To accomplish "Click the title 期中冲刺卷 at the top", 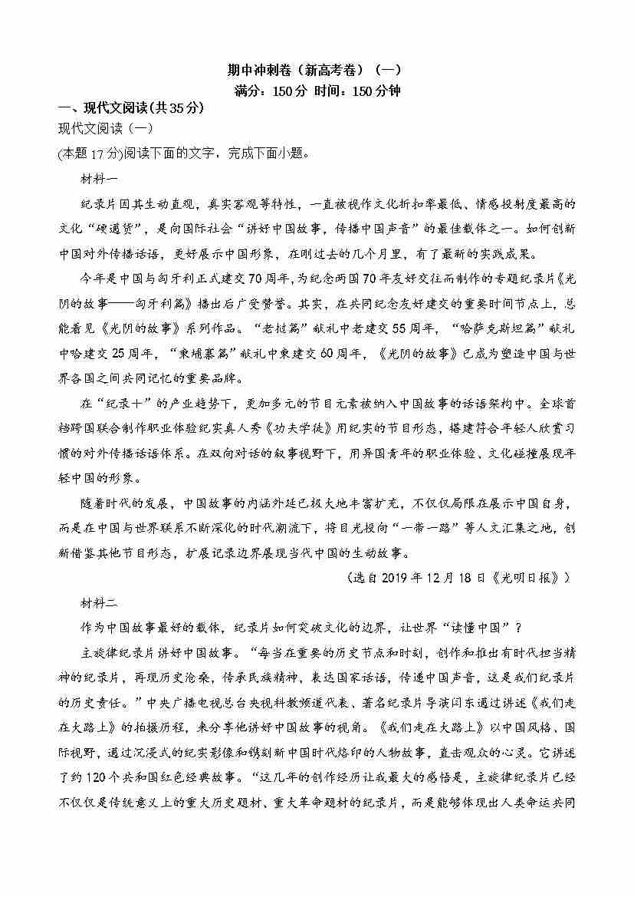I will click(260, 70).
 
